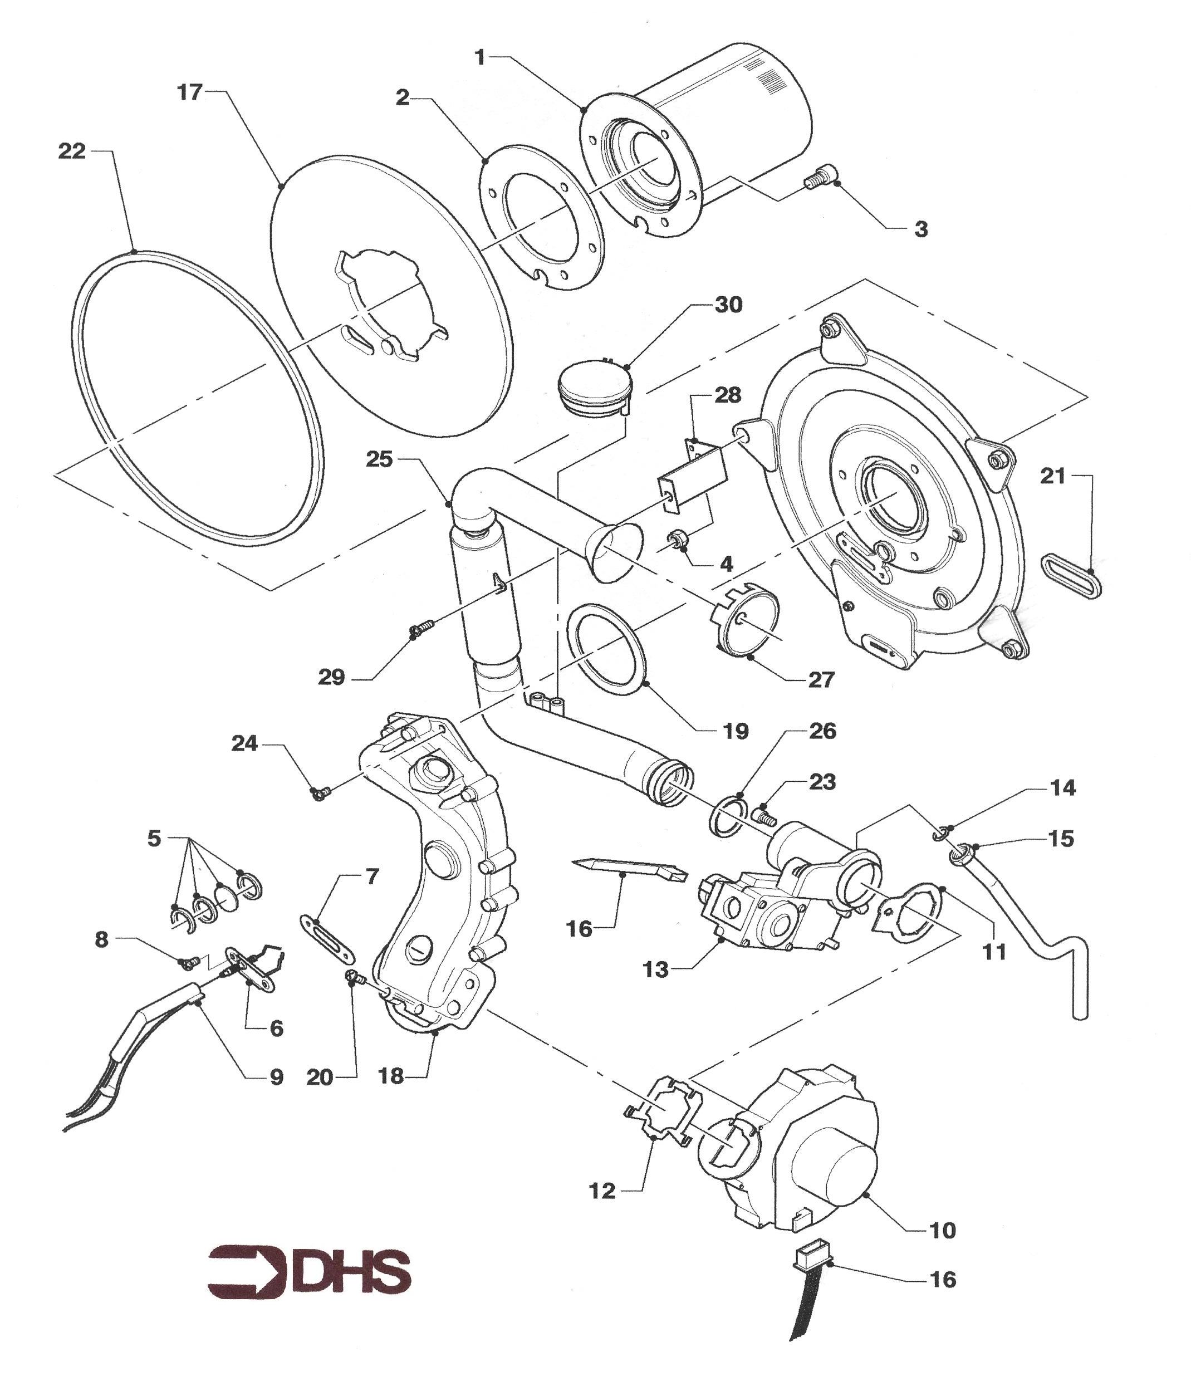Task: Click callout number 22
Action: tap(72, 151)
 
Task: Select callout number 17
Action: tap(189, 92)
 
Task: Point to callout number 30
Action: tap(728, 305)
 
